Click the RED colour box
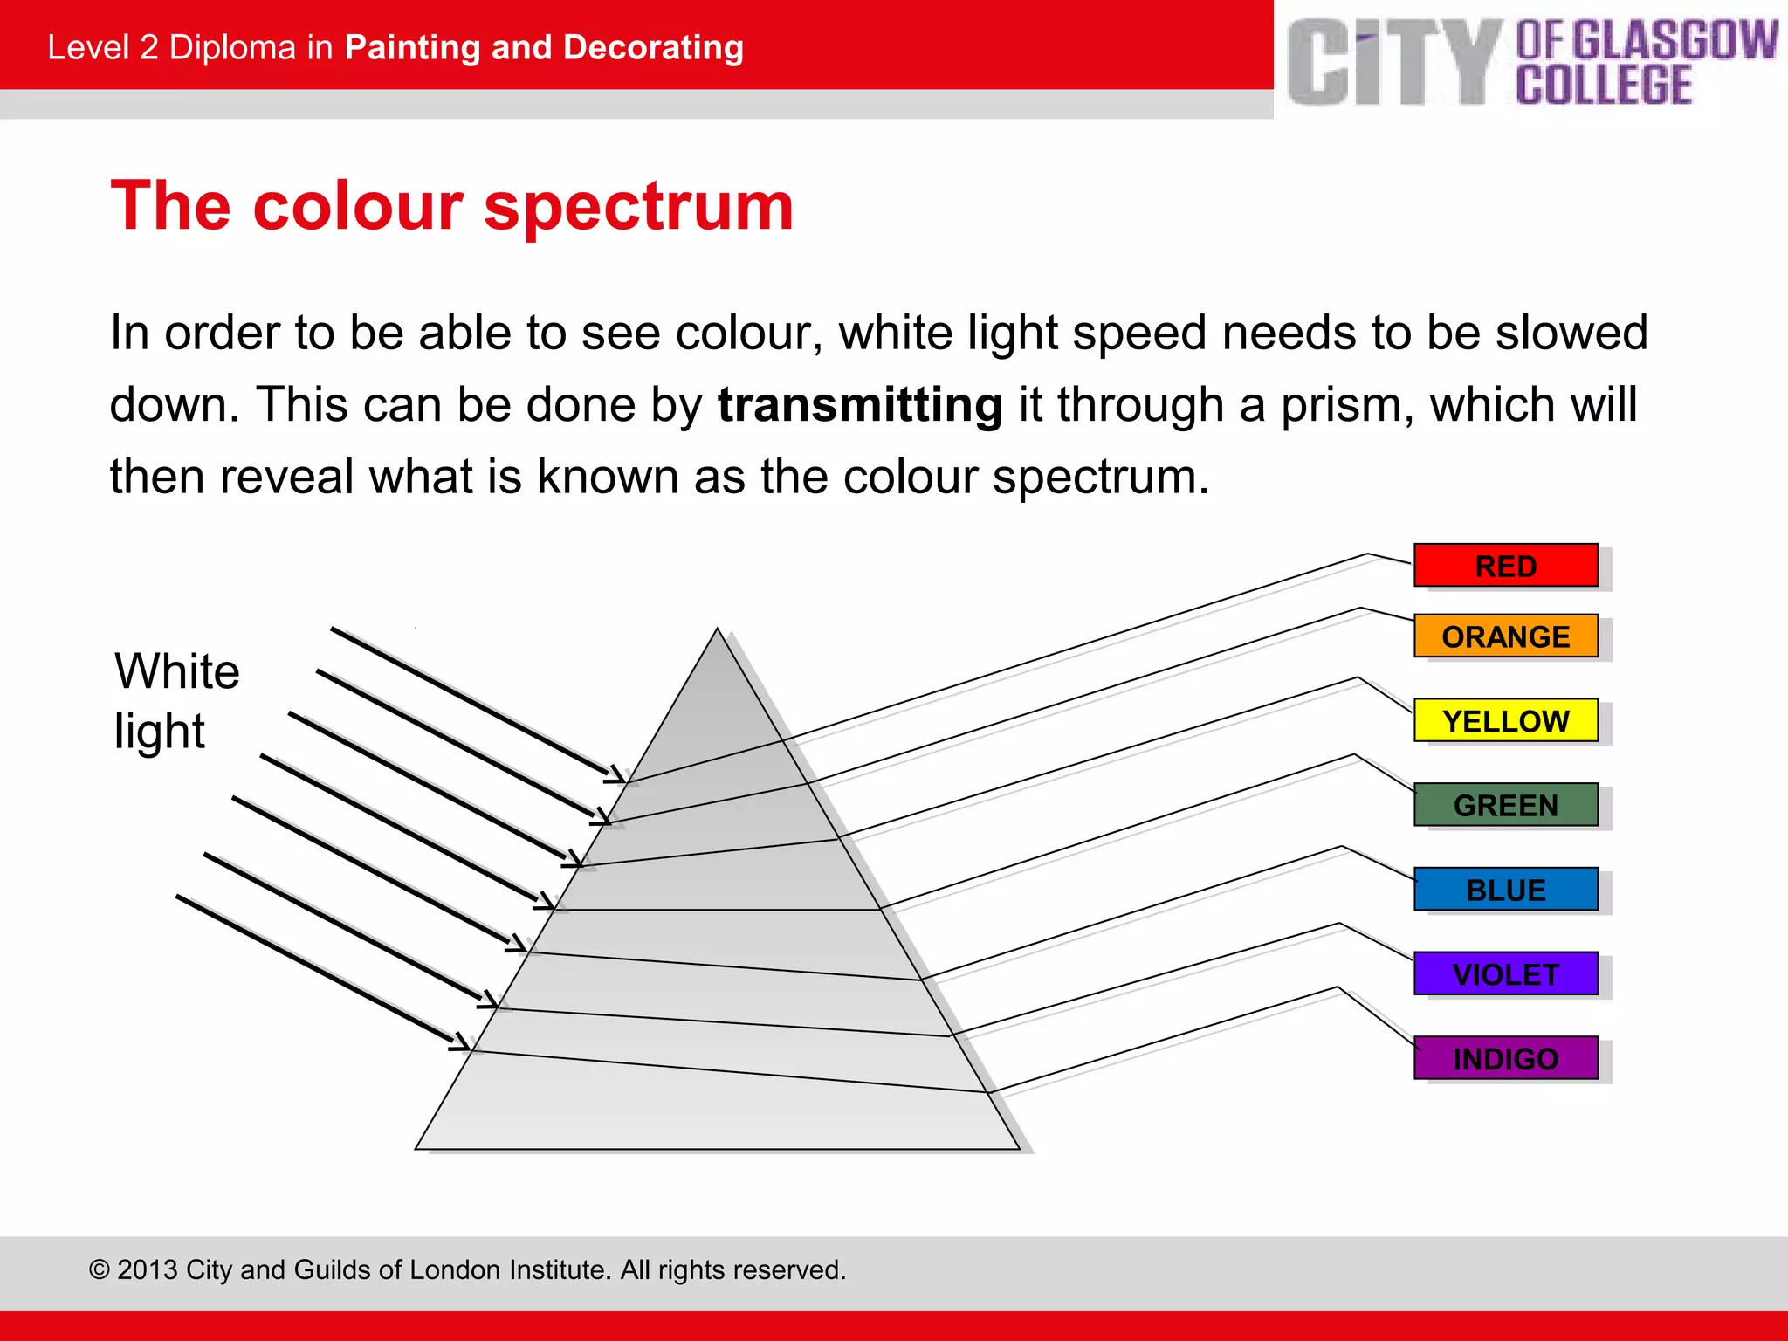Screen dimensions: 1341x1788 coord(1505,566)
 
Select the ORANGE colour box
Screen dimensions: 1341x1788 coord(1505,636)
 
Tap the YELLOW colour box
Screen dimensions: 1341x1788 coord(1505,721)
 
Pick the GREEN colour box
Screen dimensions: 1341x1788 coord(1505,805)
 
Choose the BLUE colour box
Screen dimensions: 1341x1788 coord(1505,890)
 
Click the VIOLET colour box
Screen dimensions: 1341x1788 coord(1505,974)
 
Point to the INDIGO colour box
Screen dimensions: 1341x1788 coord(1505,1058)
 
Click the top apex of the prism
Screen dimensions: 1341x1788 coord(718,629)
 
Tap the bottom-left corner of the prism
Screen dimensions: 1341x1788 coord(417,1148)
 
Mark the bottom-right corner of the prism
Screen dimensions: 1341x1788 coord(1018,1148)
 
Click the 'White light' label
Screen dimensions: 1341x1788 coord(176,700)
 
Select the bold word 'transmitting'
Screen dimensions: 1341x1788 coord(860,405)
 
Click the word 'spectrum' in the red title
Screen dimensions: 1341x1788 coord(638,207)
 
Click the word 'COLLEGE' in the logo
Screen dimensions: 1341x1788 coord(1604,86)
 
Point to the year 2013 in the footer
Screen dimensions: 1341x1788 coord(147,1269)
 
